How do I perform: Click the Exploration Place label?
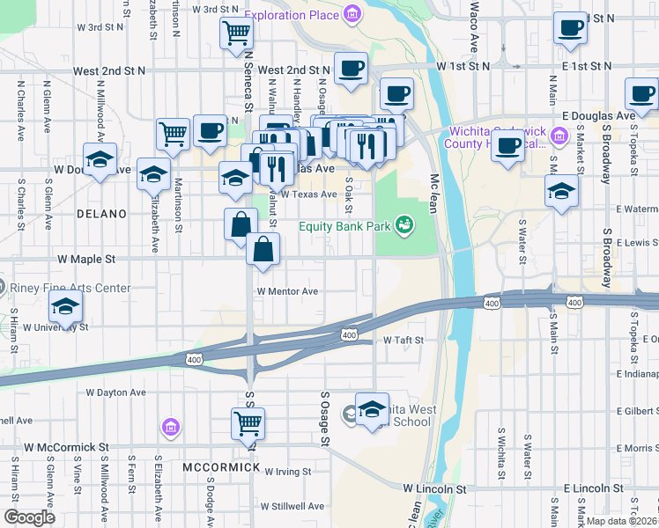pos(292,14)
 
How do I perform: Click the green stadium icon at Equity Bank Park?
pos(404,226)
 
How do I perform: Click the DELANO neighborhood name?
pos(101,214)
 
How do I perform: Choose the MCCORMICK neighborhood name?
pos(221,466)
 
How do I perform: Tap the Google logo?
pos(29,517)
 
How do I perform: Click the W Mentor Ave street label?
pos(287,291)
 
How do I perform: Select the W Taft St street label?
pos(404,340)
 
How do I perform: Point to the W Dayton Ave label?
pos(115,392)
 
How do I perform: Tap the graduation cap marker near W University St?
pos(65,308)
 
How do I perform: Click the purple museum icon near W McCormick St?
pos(170,429)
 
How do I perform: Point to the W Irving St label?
pos(287,472)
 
